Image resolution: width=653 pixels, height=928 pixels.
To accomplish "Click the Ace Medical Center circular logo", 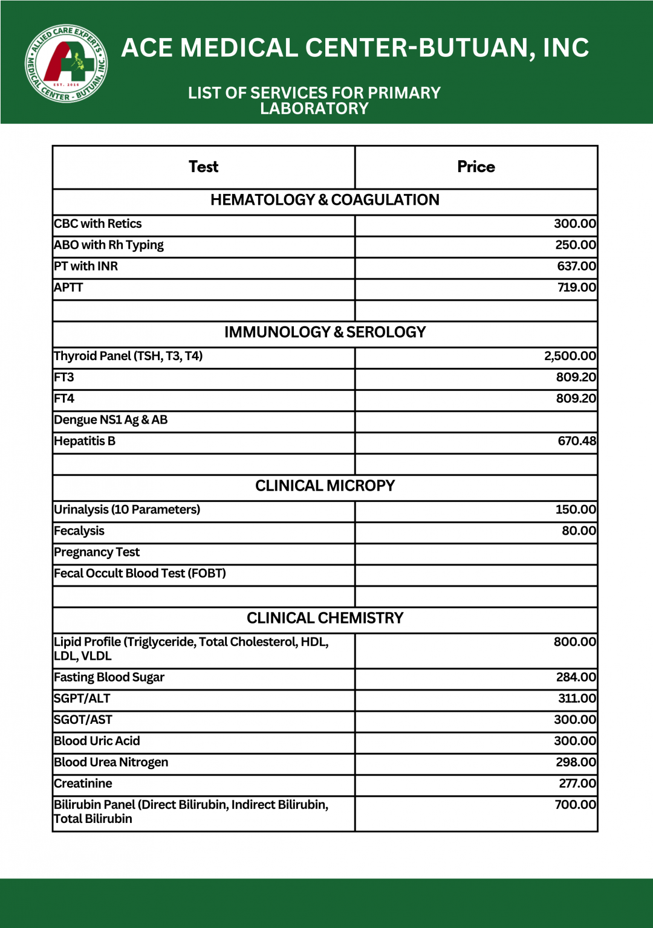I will tap(67, 63).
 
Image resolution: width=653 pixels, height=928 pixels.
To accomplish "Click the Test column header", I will tap(203, 167).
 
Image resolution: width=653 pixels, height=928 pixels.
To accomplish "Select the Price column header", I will tap(476, 167).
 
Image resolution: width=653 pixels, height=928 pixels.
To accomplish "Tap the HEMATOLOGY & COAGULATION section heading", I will tap(325, 200).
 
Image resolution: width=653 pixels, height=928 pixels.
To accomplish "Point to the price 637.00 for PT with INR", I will tap(576, 266).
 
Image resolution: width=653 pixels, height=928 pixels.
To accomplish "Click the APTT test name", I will tap(68, 288).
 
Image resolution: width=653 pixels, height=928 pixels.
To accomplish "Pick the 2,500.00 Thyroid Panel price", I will tap(570, 356).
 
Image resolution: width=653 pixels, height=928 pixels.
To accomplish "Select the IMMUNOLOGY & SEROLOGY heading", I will tap(325, 332).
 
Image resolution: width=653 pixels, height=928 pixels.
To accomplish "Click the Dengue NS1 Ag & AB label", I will tap(111, 420).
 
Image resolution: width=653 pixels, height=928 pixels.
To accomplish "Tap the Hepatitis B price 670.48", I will tap(576, 441).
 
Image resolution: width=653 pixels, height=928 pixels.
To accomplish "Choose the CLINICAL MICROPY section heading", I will tap(325, 486).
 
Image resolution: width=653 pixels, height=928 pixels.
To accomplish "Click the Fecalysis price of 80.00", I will tap(579, 531).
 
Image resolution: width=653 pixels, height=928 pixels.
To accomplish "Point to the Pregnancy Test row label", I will tap(97, 552).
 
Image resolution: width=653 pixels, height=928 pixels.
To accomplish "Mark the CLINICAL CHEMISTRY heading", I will tap(325, 618).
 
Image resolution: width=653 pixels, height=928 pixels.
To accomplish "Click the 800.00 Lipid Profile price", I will tap(574, 642).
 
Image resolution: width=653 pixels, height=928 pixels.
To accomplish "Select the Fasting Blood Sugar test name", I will tap(109, 677).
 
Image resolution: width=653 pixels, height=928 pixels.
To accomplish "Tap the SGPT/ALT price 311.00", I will tap(577, 698).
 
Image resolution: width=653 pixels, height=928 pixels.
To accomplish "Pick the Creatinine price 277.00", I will tap(577, 784).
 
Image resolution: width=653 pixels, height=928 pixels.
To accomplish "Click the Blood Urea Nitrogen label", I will tap(111, 762).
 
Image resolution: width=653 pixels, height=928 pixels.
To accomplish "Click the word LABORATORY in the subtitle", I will tap(314, 109).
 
